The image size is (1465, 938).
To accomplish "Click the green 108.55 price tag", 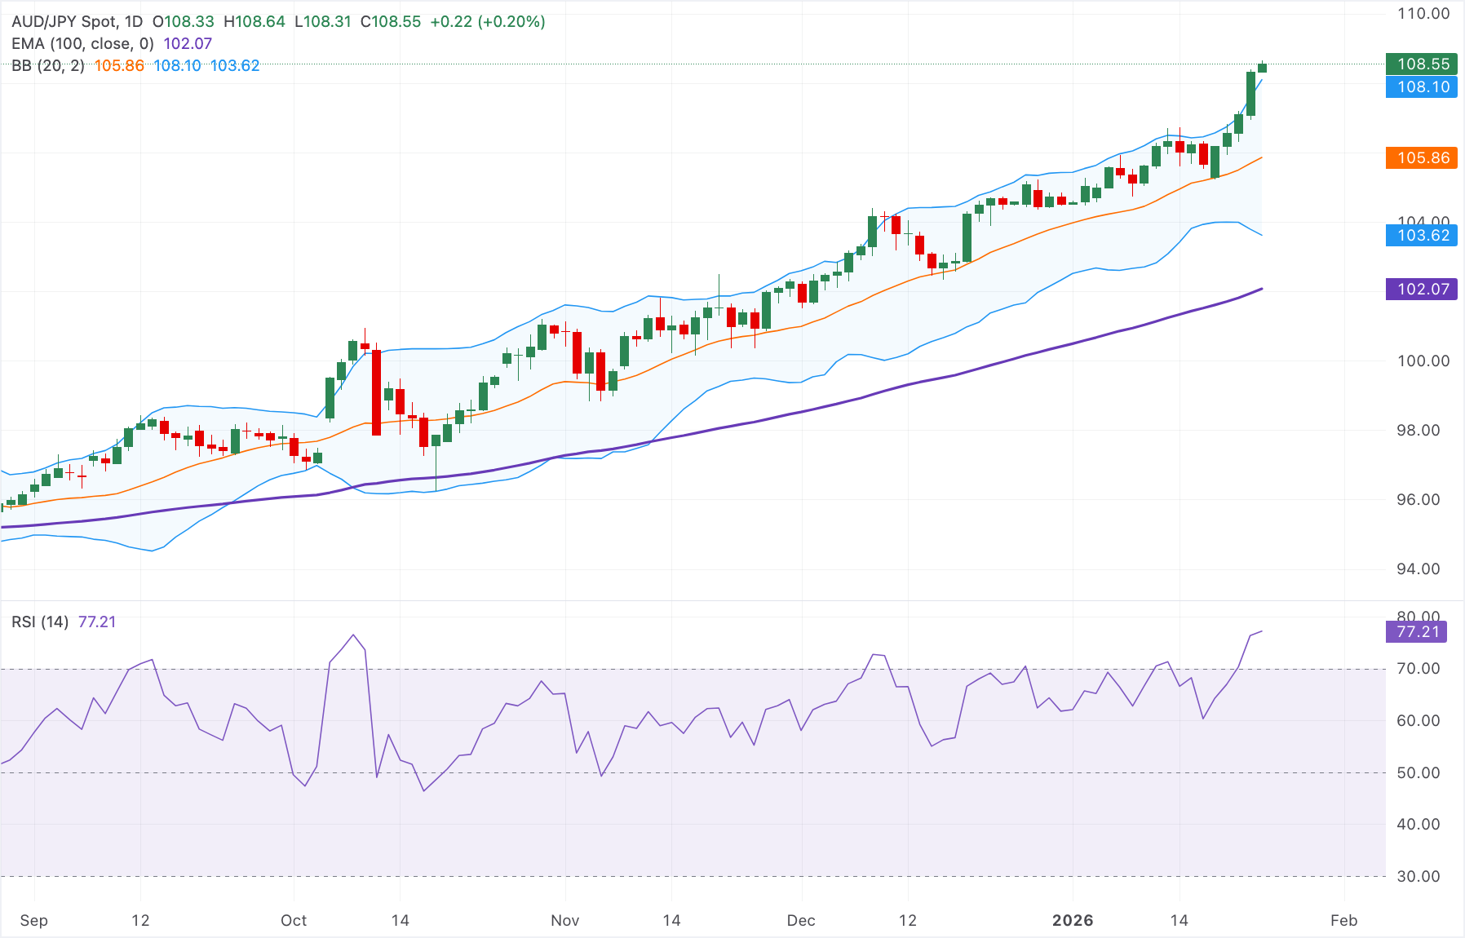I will (1423, 64).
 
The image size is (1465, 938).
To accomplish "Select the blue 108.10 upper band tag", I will (1423, 87).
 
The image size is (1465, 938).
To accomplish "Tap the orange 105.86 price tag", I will (1423, 158).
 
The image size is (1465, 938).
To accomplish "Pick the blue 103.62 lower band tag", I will (1423, 236).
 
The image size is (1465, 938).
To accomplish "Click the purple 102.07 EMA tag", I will (1423, 289).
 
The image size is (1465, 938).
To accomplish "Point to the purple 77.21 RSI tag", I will (1417, 632).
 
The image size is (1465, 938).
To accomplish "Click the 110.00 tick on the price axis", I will (1423, 14).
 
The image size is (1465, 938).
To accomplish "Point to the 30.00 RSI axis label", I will (1418, 877).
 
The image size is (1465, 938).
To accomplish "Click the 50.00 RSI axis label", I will (1418, 773).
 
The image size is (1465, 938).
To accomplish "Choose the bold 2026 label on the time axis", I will (1072, 921).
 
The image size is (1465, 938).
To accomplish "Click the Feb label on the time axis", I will (1343, 921).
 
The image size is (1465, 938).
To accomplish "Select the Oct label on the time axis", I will (294, 921).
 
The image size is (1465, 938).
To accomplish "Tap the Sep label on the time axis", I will (33, 921).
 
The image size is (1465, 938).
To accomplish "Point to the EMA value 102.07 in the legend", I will (188, 44).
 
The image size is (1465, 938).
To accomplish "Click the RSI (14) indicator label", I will (40, 622).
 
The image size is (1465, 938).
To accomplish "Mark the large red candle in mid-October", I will (376, 392).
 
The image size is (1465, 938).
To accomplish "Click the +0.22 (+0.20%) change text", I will (487, 22).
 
